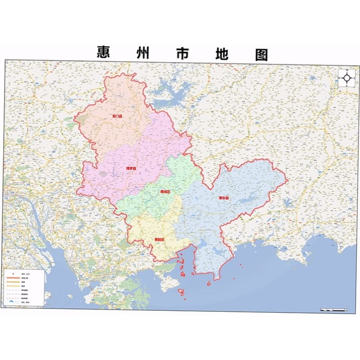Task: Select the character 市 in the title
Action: click(181, 53)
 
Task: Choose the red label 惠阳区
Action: click(159, 239)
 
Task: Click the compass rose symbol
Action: click(347, 77)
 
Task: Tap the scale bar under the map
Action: click(333, 310)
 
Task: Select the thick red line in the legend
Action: click(13, 279)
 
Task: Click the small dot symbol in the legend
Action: click(13, 274)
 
